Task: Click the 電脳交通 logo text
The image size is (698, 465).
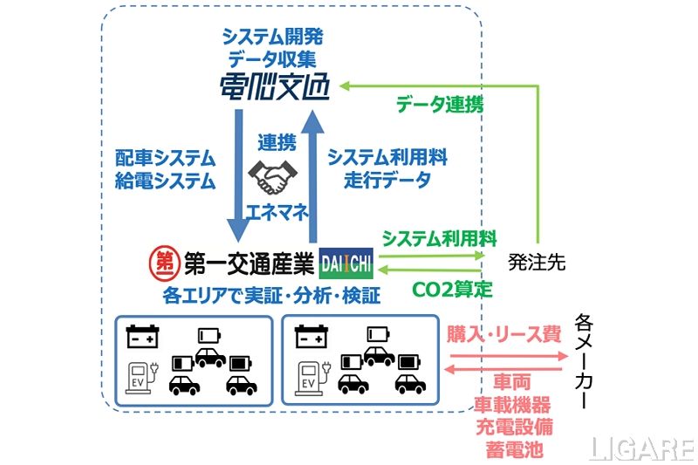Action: (x=274, y=88)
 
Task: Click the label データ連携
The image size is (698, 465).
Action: (x=440, y=104)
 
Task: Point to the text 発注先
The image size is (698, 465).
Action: (x=537, y=263)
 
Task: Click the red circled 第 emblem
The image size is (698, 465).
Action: (x=163, y=261)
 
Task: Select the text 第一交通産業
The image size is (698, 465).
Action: (x=246, y=261)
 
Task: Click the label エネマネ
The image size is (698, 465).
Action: (x=273, y=212)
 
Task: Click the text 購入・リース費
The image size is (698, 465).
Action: (x=503, y=333)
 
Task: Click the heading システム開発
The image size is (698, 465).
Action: (x=274, y=37)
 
